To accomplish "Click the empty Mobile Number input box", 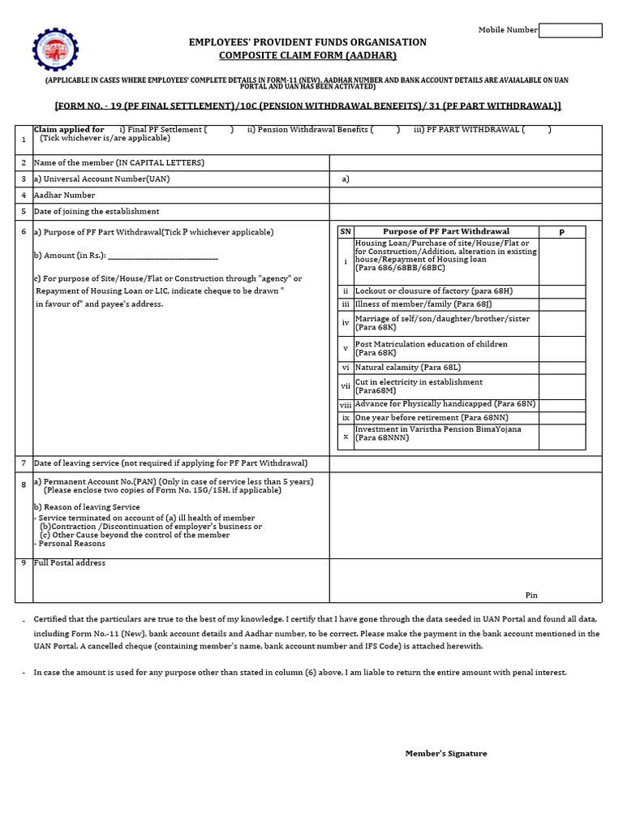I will coord(570,30).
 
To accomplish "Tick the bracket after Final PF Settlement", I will coord(218,130).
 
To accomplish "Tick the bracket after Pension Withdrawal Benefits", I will coord(386,130).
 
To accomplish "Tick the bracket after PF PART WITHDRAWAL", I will coord(536,130).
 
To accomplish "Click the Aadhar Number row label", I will coord(64,195).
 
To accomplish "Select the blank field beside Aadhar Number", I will coord(465,195).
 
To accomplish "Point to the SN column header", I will coord(346,231).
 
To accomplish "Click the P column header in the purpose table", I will coord(561,232).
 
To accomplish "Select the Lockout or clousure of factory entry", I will coord(433,291).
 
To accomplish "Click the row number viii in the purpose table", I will coord(346,404).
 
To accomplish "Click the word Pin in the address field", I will coord(531,595).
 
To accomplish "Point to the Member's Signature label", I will coord(446,753).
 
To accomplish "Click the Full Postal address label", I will coord(70,563).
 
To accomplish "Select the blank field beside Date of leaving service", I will coord(465,463).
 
